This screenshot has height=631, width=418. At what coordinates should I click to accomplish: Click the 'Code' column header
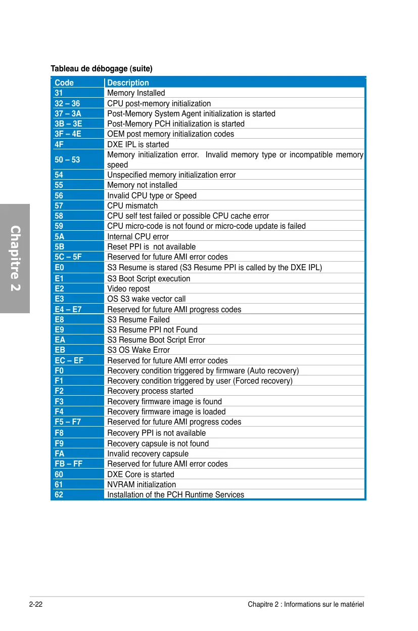[x=64, y=83]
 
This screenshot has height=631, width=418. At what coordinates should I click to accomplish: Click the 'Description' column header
[x=128, y=83]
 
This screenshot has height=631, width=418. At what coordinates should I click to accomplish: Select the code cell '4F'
[x=60, y=145]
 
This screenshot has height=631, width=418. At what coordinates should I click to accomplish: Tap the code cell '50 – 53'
[x=67, y=160]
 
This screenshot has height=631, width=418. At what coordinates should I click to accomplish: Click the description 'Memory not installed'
[x=142, y=185]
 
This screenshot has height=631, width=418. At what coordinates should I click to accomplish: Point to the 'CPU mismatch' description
[x=132, y=206]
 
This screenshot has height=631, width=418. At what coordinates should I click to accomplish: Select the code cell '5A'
[x=60, y=237]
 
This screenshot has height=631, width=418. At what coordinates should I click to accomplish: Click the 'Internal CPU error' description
[x=138, y=237]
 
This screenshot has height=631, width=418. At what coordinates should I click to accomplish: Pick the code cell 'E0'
[x=59, y=268]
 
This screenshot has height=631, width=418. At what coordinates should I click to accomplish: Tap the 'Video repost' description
[x=128, y=289]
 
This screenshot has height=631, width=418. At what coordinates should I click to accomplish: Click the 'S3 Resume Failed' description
[x=138, y=320]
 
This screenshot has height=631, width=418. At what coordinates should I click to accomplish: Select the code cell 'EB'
[x=60, y=350]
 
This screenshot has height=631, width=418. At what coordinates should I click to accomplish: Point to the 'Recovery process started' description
[x=150, y=391]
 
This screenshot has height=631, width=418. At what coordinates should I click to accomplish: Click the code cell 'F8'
[x=59, y=433]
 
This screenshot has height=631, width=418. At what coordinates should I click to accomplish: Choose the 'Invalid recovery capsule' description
[x=148, y=454]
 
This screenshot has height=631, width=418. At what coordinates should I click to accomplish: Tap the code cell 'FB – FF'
[x=68, y=464]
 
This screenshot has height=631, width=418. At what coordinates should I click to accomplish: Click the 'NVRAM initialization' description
[x=142, y=485]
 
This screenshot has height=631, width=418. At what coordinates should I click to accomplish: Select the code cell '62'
[x=59, y=495]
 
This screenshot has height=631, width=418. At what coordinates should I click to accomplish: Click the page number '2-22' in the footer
[x=35, y=605]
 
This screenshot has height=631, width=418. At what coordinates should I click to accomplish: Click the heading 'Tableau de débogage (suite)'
[x=102, y=68]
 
